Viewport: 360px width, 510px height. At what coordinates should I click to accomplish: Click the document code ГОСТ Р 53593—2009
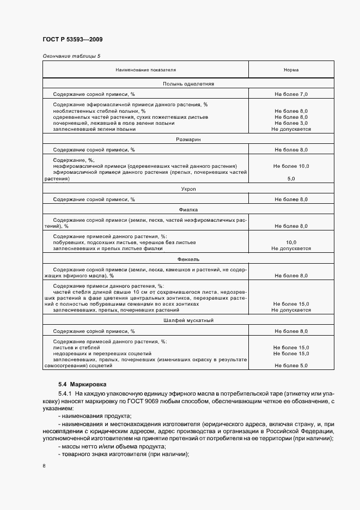[72, 40]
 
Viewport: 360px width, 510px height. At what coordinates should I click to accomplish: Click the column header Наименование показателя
[145, 70]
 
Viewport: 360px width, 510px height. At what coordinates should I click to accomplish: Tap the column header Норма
[291, 70]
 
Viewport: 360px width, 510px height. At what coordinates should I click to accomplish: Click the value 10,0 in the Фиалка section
[291, 242]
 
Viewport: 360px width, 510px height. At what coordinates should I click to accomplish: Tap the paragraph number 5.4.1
[65, 393]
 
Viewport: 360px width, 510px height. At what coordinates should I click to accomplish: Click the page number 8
[44, 466]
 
